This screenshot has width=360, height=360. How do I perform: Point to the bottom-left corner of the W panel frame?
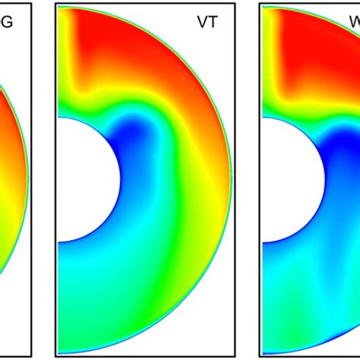260,355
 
